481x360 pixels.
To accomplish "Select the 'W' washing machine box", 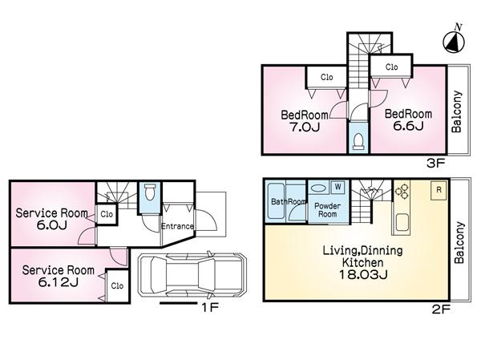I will pos(338,187).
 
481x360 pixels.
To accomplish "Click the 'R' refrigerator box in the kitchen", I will pos(439,189).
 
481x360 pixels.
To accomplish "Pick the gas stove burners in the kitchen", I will pos(402,192).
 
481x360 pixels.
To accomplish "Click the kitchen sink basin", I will pos(401,221).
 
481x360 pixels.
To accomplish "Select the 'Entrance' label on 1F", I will pos(178,226).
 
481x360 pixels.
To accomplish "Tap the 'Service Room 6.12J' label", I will pos(58,276).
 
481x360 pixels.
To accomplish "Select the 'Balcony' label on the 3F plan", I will pos(456,111).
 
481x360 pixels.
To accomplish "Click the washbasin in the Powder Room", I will pos(318,188).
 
